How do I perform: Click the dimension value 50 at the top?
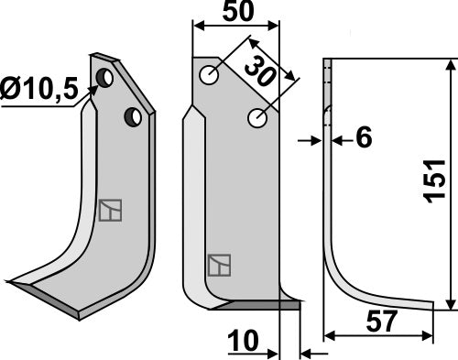pos(238,12)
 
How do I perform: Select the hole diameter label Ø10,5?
pos(38,90)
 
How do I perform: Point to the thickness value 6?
pos(365,136)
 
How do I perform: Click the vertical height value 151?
pos(436,181)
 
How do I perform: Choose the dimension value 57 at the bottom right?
pos(382,321)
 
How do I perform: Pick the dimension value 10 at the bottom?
pos(243,341)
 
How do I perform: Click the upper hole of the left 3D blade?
pos(104,78)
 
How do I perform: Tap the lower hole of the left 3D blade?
pos(133,117)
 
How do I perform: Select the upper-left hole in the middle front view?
pos(209,75)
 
